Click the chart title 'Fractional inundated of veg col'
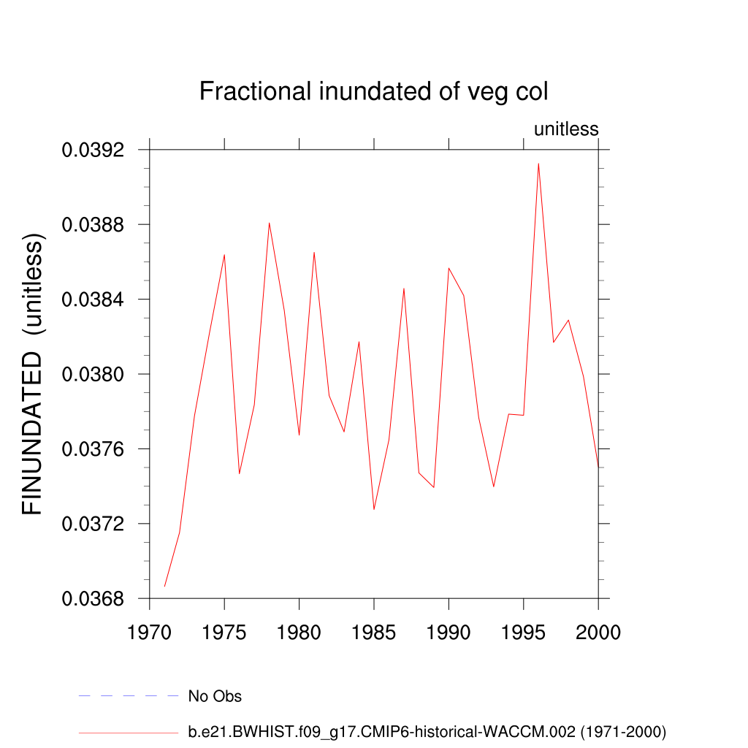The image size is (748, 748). click(373, 92)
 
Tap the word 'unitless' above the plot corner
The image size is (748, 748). click(566, 129)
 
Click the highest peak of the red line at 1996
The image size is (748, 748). click(538, 164)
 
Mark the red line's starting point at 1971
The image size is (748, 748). click(165, 586)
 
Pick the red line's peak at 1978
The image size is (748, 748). click(269, 223)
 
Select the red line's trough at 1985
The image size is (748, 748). click(374, 509)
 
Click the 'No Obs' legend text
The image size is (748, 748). click(215, 696)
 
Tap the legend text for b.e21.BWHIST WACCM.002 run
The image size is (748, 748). click(427, 731)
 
